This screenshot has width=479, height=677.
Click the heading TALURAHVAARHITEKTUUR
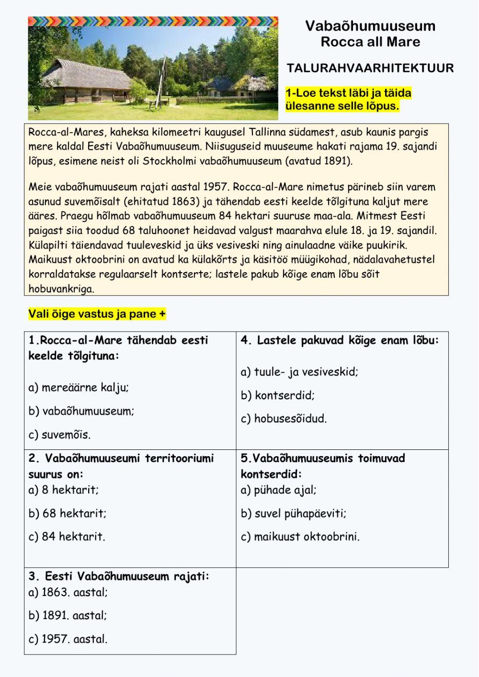point(370,68)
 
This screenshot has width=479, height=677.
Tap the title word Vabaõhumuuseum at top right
point(370,26)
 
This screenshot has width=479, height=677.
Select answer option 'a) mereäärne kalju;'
point(79,388)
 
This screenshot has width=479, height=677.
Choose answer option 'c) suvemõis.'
point(59,435)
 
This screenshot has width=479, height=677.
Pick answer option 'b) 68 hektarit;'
point(67,513)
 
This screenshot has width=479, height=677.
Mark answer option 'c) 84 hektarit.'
point(67,537)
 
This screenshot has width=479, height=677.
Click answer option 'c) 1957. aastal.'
point(68,639)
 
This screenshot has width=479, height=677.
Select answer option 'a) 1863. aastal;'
point(68,592)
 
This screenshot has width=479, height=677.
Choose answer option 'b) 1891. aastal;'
point(68,615)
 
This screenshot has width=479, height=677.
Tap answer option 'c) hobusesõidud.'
point(284,418)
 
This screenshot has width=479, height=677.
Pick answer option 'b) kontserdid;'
point(277,395)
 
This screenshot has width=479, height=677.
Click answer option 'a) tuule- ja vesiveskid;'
point(299,372)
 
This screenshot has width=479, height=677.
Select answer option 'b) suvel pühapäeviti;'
point(293,513)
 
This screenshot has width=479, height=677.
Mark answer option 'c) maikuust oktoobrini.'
point(300,537)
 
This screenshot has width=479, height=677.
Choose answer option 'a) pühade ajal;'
point(278,490)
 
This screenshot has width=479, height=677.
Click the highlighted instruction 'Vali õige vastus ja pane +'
point(97,314)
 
